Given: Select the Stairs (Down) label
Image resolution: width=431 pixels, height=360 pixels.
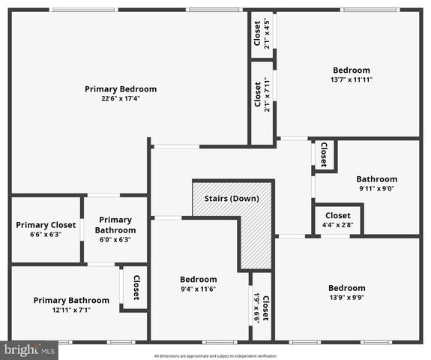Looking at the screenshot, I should tap(232, 199).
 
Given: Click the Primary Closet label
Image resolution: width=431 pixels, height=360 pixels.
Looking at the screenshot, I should tap(46, 224).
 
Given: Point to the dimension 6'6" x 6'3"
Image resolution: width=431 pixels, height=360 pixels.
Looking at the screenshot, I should tap(46, 234).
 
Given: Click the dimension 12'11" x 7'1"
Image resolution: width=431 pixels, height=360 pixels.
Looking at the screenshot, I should tap(71, 310).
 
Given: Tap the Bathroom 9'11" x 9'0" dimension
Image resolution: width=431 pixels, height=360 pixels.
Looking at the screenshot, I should tap(376, 188).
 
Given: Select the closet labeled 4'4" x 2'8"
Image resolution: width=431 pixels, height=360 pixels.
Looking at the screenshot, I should tap(337, 224).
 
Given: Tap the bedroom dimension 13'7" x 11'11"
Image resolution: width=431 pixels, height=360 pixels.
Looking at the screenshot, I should tap(351, 79).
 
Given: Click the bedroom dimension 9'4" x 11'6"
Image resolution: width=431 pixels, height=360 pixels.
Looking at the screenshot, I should tap(198, 289).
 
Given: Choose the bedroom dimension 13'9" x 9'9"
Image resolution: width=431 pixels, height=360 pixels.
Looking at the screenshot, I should tap(346, 298).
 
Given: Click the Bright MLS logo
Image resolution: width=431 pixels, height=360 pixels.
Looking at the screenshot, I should tap(30, 349).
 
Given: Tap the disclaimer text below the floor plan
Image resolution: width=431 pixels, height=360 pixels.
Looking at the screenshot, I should tap(215, 355).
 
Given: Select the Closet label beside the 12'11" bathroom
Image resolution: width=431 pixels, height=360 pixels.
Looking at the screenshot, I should tap(136, 287).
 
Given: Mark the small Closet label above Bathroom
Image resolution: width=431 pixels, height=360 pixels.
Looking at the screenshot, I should tap(324, 154).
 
